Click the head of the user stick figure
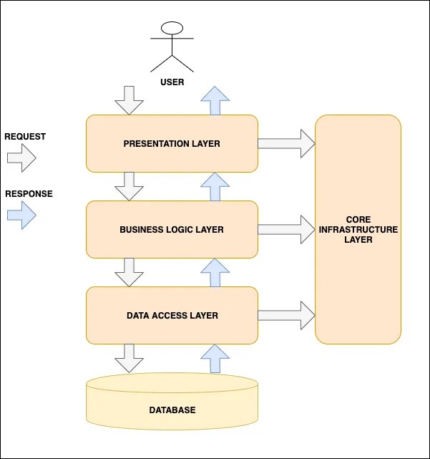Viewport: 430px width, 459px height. coord(172,29)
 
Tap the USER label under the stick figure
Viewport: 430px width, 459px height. coord(172,82)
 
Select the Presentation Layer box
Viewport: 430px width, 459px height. coord(172,144)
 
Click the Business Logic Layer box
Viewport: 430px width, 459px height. coord(172,230)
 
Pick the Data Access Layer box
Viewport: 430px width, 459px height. coord(172,315)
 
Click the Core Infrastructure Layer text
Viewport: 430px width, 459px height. coord(358,229)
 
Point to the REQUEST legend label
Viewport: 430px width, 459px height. coord(25,136)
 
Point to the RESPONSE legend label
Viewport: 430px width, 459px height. coord(29,193)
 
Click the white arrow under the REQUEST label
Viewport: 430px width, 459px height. coord(21,158)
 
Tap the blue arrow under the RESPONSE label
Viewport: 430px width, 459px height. coord(21,215)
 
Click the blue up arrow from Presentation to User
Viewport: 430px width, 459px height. coord(215,100)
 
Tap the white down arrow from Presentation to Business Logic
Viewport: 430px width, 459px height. coord(129,186)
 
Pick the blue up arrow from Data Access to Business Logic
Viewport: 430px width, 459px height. coord(215,272)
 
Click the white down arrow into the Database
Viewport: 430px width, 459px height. coord(129,358)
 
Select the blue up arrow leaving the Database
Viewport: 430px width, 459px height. coord(215,358)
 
